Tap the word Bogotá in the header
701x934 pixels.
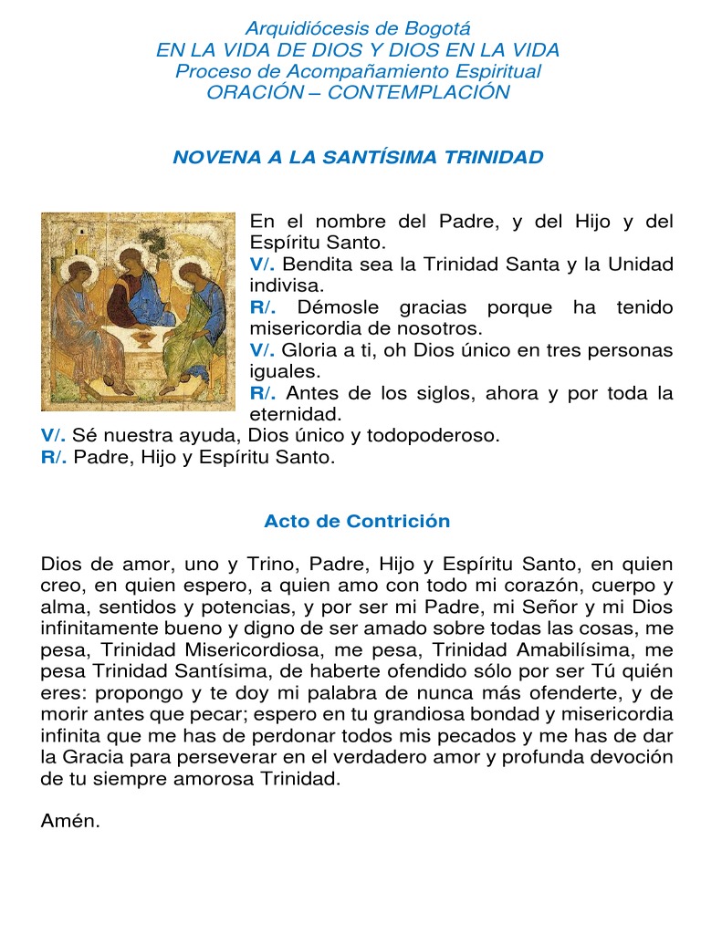(442, 29)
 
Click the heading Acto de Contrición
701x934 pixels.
(357, 521)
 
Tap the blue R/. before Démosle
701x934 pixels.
(263, 307)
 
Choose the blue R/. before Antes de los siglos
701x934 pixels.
(263, 393)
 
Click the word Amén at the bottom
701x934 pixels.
(69, 821)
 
